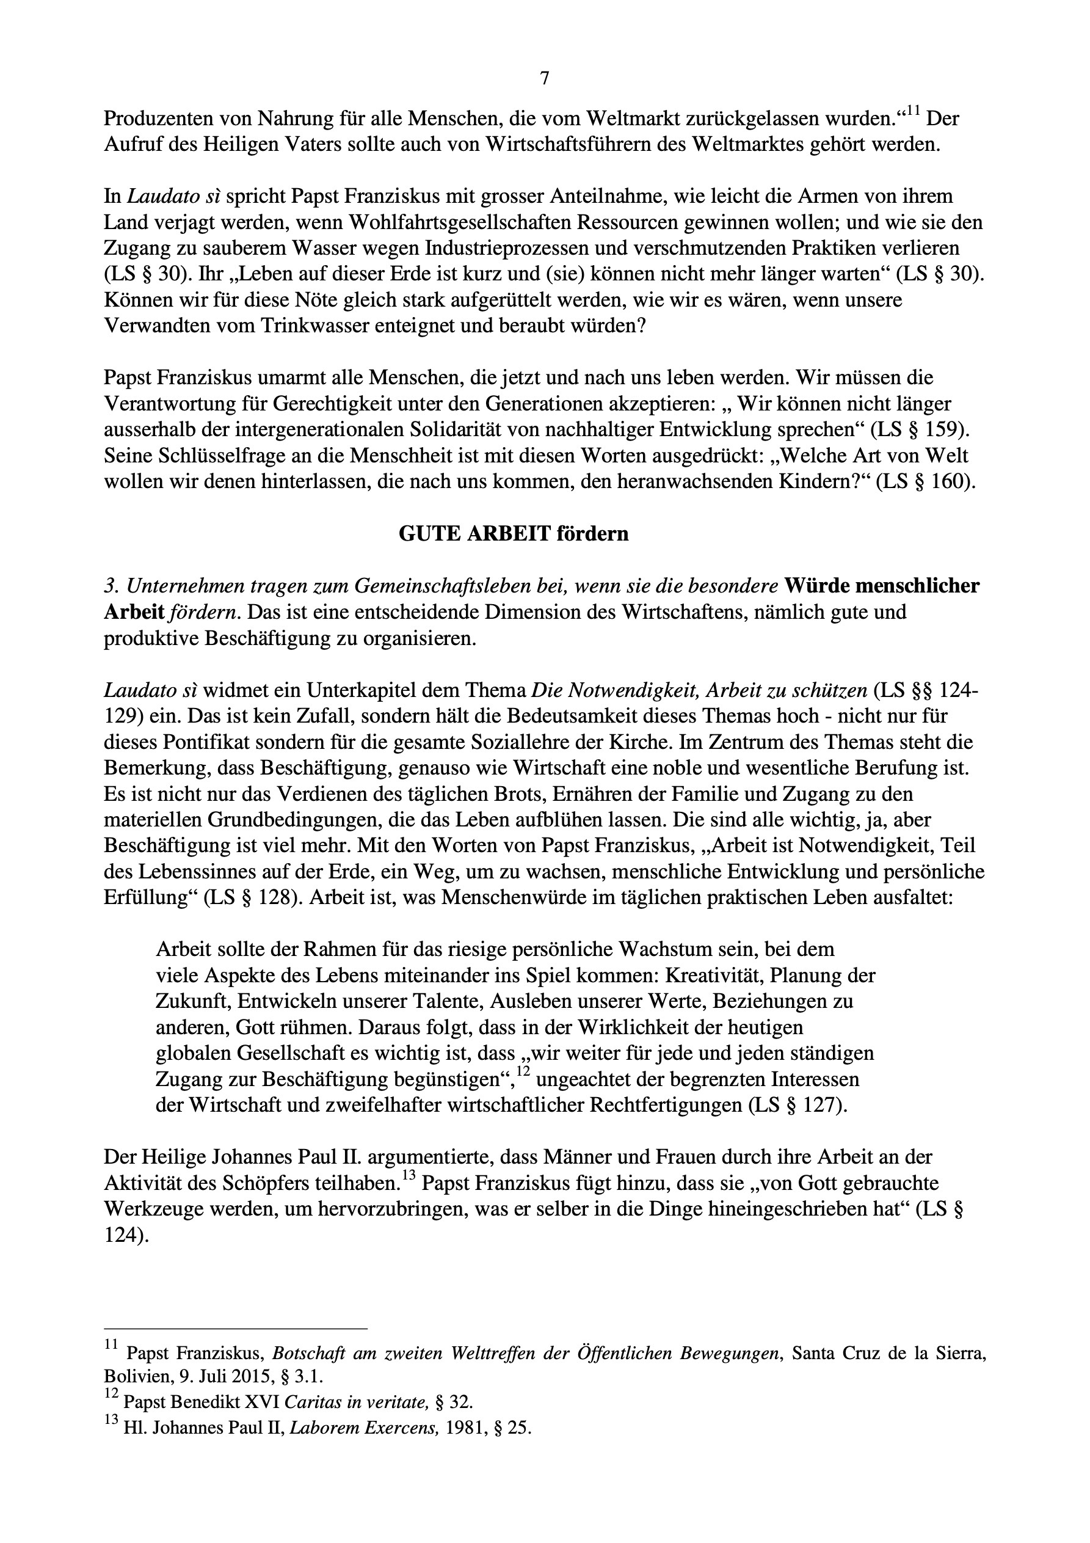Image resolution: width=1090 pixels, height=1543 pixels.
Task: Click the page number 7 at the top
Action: click(x=544, y=79)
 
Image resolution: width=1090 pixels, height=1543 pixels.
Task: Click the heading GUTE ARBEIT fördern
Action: click(x=514, y=534)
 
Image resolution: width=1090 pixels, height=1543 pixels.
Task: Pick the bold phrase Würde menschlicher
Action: click(x=882, y=586)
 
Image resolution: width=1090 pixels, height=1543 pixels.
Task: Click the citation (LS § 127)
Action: click(x=798, y=1106)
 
